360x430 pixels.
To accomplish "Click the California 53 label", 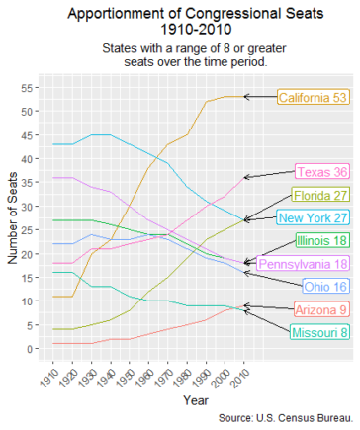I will (x=313, y=97).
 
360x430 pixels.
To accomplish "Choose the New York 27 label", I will (x=313, y=217).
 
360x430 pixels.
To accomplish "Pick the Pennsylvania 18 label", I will (x=303, y=264).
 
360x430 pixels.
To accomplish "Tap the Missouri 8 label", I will (x=317, y=331).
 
